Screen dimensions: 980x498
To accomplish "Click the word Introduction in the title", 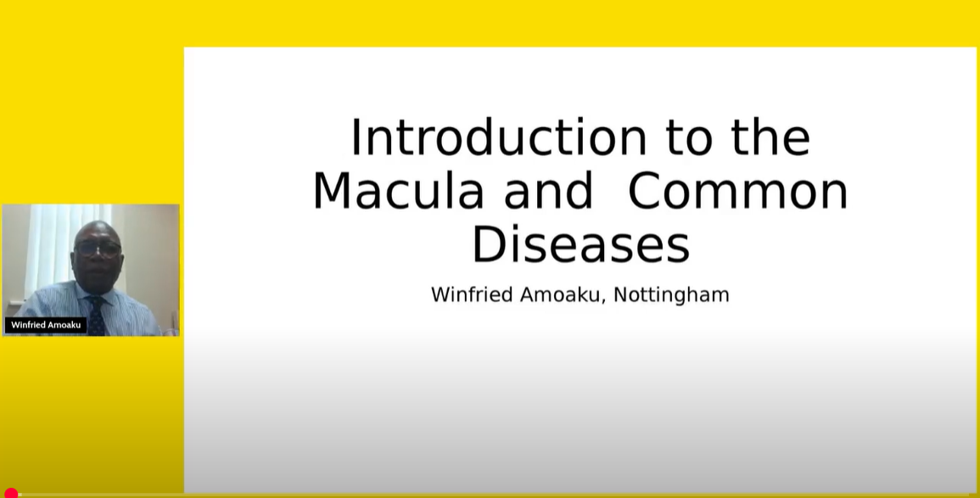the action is coord(498,137).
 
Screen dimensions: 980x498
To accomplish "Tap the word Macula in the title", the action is coord(399,190).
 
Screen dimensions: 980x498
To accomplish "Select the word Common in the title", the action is coord(737,190).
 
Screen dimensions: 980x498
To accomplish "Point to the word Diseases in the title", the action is coord(580,243).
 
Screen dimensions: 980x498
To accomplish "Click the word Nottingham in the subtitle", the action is coord(671,294).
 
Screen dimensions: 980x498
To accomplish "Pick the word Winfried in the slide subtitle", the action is coord(473,294).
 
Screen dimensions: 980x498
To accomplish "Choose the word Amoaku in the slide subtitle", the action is coord(563,294).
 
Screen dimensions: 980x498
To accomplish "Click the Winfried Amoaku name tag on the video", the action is coord(46,325).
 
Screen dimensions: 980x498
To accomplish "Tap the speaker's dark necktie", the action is coord(96,316).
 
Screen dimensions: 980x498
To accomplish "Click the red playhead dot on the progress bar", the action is coord(11,494).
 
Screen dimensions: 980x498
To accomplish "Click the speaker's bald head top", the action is coord(98,229).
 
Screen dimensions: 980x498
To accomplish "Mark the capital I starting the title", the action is coord(355,137).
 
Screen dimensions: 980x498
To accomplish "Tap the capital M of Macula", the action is coord(331,191).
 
